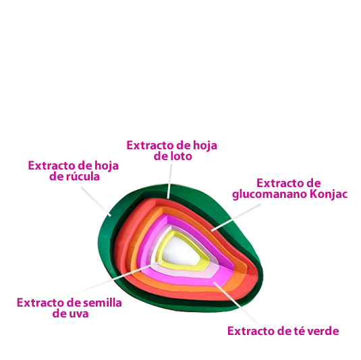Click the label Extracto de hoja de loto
(172, 151)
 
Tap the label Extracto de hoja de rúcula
(74, 171)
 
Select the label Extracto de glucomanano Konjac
(289, 188)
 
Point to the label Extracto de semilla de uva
(70, 308)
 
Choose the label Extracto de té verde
(283, 331)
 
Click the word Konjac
(329, 195)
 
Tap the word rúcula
(83, 176)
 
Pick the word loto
(181, 156)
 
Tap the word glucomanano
(270, 195)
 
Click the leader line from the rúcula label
(96, 201)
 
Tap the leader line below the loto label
(169, 182)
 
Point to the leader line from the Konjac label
(236, 217)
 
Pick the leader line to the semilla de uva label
(117, 278)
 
